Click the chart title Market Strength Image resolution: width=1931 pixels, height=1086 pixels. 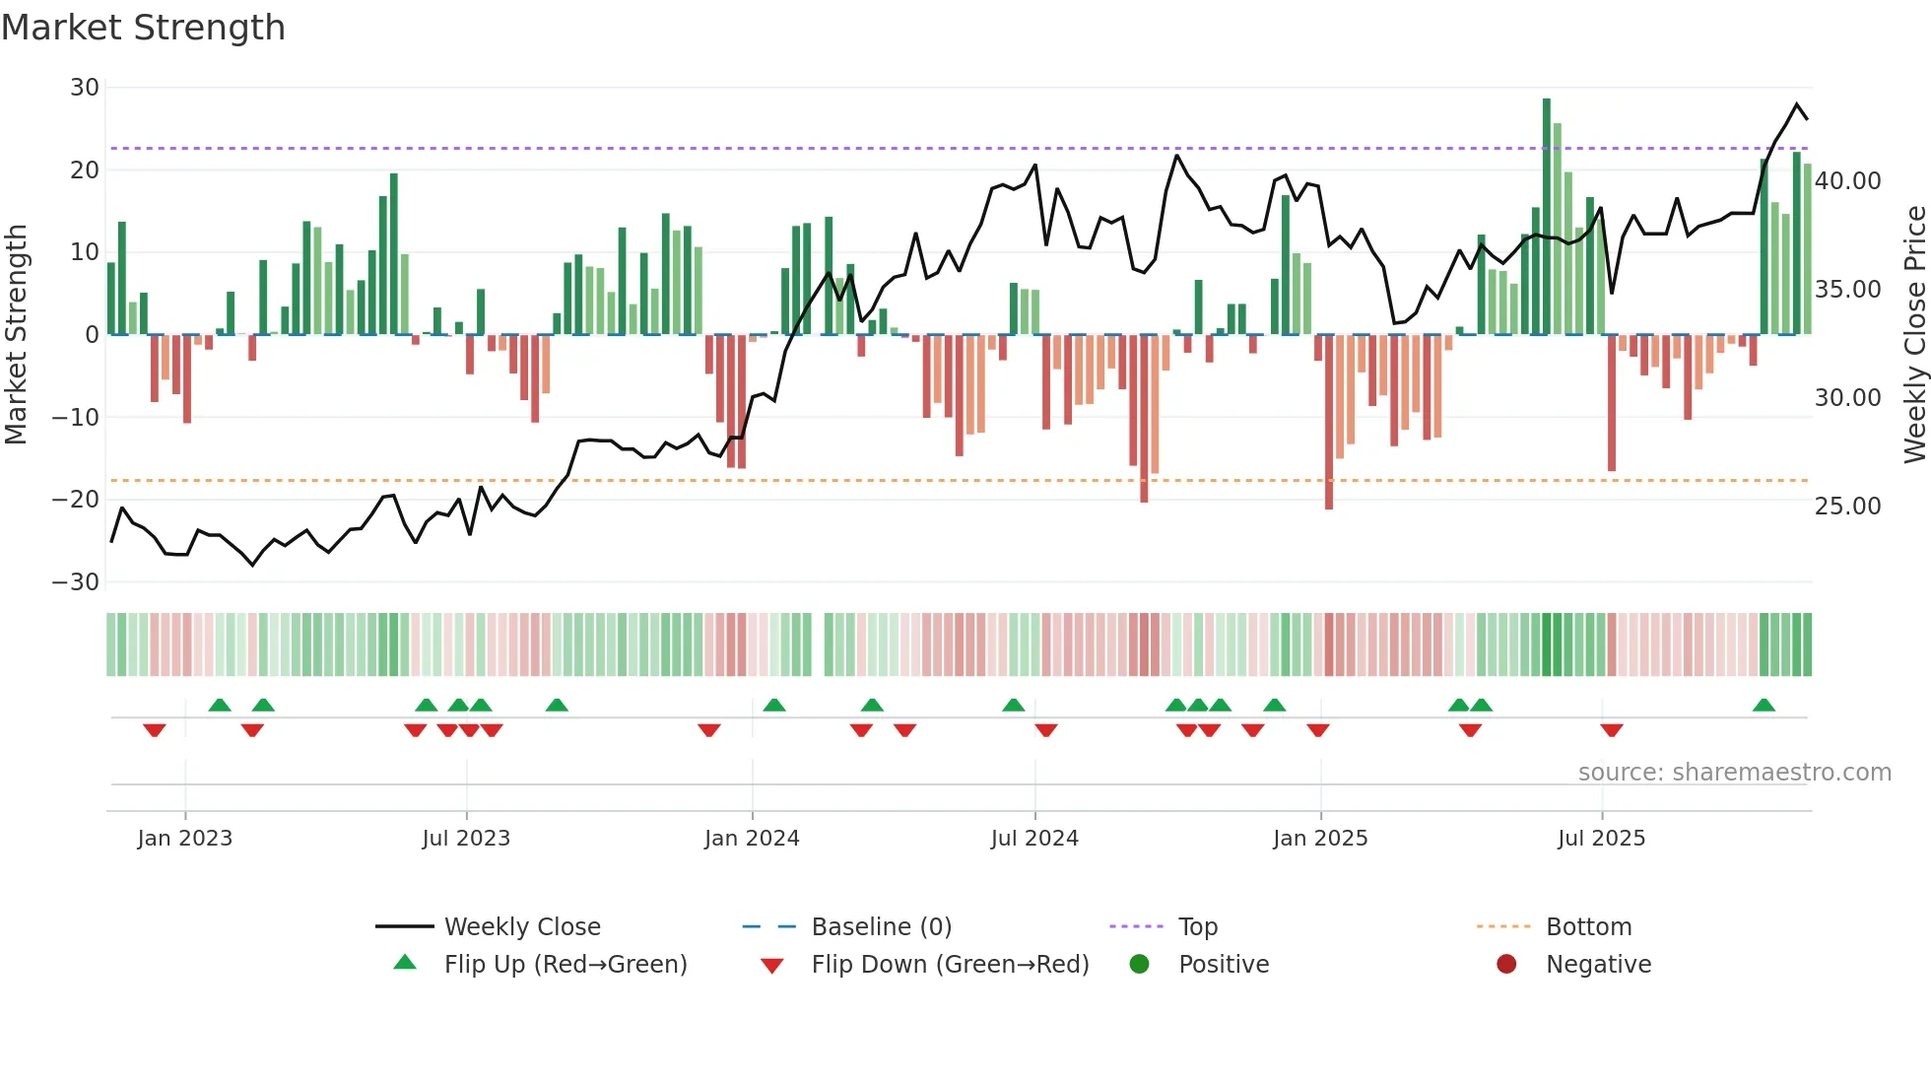(x=144, y=28)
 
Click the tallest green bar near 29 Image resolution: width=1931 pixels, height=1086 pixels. (x=1547, y=217)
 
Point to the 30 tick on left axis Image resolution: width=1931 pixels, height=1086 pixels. (x=85, y=88)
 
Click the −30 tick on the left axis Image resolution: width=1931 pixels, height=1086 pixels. (x=77, y=581)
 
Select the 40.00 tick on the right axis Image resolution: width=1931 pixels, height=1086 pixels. (x=1847, y=180)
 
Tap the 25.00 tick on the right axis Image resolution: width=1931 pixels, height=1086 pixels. (x=1847, y=506)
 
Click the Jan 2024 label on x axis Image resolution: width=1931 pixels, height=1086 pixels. (x=752, y=838)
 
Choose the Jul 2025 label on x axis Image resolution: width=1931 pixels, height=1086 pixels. (x=1601, y=838)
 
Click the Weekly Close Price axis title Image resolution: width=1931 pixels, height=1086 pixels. (x=1914, y=335)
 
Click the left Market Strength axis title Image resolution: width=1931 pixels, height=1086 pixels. (x=17, y=335)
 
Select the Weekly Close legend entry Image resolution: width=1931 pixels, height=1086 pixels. (x=521, y=926)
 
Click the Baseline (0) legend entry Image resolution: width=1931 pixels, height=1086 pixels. (x=881, y=926)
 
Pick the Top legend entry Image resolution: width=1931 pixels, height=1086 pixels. (x=1197, y=926)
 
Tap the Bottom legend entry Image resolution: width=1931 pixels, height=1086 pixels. (x=1588, y=926)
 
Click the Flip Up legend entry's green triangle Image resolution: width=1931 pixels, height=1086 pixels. (x=405, y=963)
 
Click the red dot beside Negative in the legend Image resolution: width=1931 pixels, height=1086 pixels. (x=1506, y=964)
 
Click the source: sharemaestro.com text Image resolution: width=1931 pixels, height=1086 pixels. (x=1734, y=772)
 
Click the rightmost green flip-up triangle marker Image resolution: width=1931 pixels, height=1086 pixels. (x=1764, y=706)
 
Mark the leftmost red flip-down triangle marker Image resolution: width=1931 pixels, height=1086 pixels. (x=155, y=730)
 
